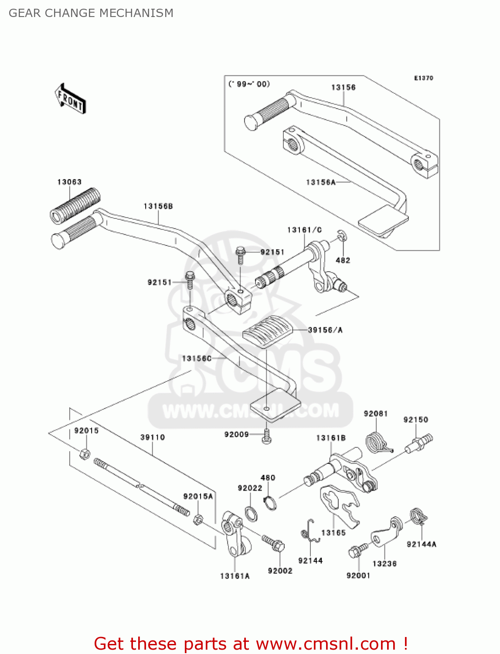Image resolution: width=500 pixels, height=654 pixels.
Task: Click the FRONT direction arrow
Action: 70,99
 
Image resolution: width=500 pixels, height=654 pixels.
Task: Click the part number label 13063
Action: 69,182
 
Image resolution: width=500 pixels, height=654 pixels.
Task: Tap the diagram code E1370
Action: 423,78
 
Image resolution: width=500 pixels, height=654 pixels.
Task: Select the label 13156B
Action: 158,206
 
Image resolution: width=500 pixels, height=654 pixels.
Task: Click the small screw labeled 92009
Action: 266,436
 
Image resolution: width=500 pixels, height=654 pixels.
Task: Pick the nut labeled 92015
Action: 85,454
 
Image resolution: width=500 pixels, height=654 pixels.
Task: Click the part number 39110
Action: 153,437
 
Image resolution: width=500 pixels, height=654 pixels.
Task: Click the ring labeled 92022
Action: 251,514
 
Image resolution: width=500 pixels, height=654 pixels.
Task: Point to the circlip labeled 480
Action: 270,503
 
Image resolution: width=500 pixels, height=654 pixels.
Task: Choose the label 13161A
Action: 235,576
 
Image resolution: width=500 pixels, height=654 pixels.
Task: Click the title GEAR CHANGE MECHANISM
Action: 91,13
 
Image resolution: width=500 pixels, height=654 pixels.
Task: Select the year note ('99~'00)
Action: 249,84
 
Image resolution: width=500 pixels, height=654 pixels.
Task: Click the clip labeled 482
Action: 341,237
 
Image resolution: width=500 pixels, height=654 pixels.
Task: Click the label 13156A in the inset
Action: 320,182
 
